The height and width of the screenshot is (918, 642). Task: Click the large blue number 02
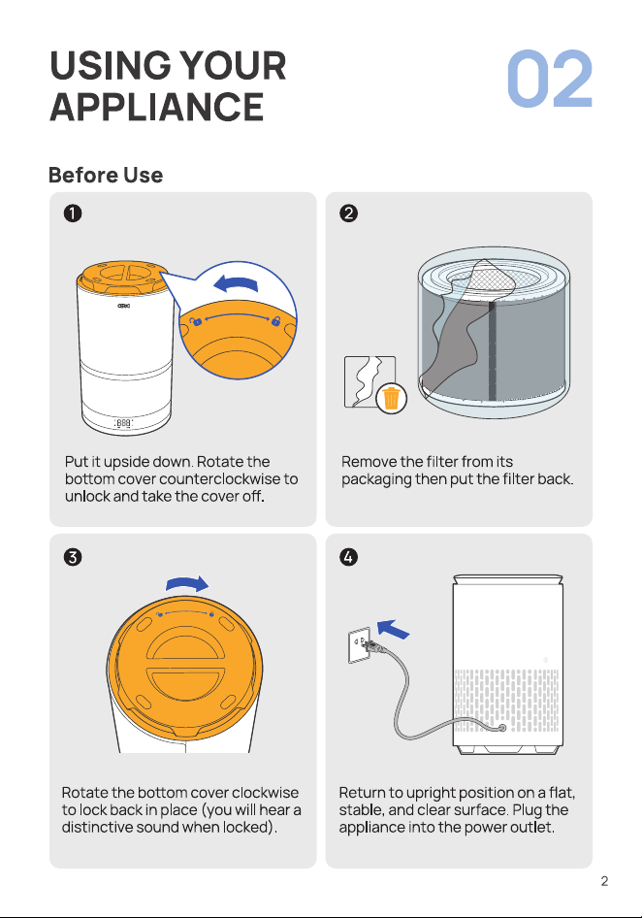pos(550,79)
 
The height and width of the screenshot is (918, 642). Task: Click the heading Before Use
pos(106,175)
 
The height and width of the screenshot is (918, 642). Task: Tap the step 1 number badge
pos(73,213)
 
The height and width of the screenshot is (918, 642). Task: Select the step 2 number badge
pos(348,213)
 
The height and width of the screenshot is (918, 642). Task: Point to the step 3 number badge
pos(73,556)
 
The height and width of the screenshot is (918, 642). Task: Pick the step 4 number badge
pos(348,556)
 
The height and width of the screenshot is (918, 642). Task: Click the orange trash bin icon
pos(391,398)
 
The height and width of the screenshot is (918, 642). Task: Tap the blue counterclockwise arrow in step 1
pos(236,284)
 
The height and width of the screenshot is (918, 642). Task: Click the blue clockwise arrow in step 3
pos(187,583)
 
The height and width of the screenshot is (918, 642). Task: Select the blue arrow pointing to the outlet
pos(394,629)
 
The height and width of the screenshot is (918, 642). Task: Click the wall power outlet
pos(359,645)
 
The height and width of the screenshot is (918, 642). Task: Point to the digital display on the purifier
pos(123,423)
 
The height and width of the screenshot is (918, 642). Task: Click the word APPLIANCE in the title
pos(157,107)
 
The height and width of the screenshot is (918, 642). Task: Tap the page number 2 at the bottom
pos(604,881)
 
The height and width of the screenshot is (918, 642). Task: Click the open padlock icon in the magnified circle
pos(196,321)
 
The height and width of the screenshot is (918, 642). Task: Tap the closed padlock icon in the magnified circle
pos(275,321)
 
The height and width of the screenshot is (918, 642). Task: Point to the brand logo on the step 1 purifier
pos(123,306)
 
